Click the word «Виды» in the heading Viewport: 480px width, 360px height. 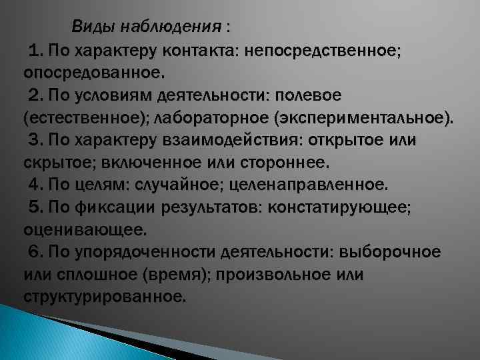coord(93,27)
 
